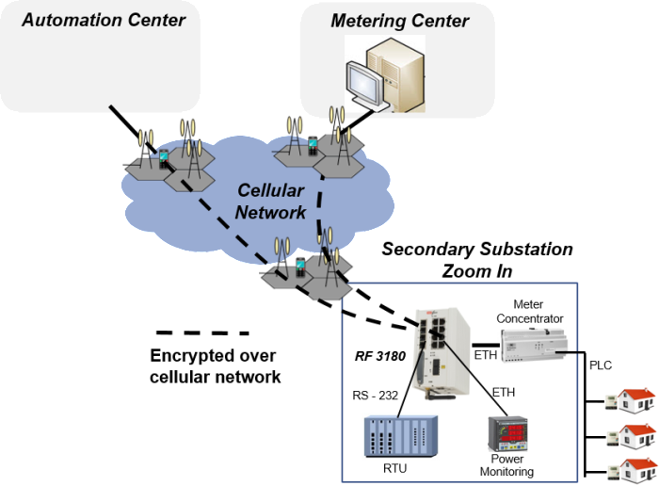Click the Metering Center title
click(x=399, y=21)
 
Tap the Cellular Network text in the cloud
click(x=270, y=201)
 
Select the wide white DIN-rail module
click(x=534, y=344)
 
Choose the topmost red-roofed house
click(x=637, y=399)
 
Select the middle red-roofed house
click(x=637, y=435)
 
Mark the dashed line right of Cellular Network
click(x=322, y=202)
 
